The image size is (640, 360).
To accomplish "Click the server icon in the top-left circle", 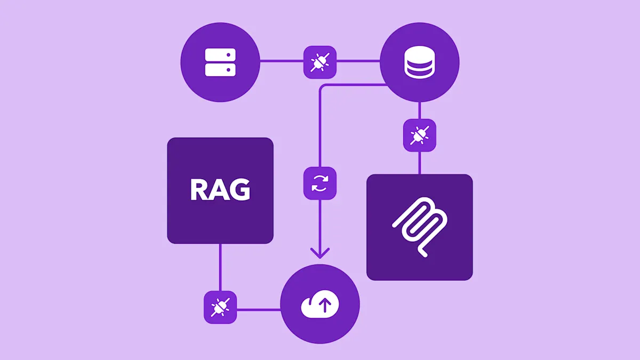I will coord(220,62).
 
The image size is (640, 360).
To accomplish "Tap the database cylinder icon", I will coord(419,62).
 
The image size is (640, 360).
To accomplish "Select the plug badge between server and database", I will coord(320,62).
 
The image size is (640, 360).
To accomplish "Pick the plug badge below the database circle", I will coord(419,135).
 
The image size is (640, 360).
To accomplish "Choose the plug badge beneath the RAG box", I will coord(220,308).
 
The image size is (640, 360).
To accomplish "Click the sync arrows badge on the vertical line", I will coord(320,183).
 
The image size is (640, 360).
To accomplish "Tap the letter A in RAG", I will coord(220,190).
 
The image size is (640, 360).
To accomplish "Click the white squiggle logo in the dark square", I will coord(420,227).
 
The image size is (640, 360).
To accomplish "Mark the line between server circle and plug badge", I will coord(282,62).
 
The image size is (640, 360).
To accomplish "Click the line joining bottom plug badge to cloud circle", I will coord(258,309).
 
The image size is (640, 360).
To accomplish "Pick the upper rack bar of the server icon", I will coord(220,55).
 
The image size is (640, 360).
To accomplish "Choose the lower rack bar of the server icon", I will coord(220,69).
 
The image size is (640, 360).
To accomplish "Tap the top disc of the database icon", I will coord(419,53).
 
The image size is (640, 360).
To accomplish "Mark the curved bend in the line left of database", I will coord(322,87).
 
